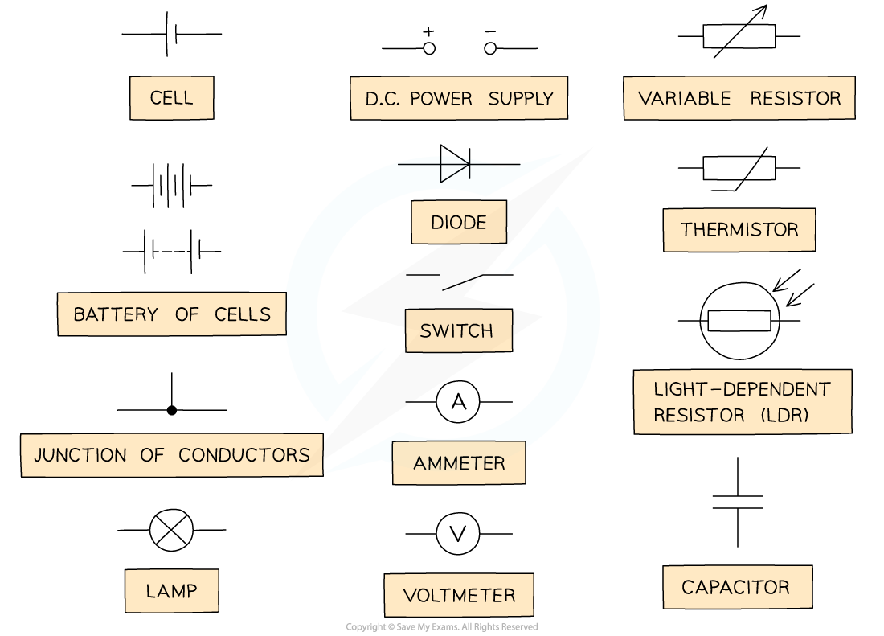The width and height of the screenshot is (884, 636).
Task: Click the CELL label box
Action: click(171, 98)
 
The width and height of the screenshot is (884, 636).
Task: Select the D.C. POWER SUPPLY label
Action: click(459, 98)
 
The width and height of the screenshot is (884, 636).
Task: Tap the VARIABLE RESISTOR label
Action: click(739, 98)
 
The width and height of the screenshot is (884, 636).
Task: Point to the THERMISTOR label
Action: click(739, 230)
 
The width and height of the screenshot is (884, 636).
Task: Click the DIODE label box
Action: click(459, 222)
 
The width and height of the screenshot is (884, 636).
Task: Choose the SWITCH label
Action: click(456, 330)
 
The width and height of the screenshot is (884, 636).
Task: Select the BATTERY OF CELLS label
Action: click(172, 314)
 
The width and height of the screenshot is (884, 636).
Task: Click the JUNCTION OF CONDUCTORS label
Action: click(172, 455)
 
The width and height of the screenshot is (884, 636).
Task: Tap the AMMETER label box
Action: click(459, 463)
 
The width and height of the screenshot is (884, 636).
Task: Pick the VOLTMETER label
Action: click(459, 595)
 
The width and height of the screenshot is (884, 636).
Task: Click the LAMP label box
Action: click(171, 591)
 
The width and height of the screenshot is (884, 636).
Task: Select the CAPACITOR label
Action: click(736, 587)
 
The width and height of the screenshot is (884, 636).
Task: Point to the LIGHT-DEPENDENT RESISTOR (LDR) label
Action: click(742, 402)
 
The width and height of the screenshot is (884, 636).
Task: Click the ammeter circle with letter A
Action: click(458, 402)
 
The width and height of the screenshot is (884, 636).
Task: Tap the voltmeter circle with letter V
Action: click(458, 534)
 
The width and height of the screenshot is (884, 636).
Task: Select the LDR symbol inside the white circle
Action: click(739, 321)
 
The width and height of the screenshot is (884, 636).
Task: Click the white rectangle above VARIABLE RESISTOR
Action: click(739, 36)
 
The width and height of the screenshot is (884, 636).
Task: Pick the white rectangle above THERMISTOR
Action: click(739, 168)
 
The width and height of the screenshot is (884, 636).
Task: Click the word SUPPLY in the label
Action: click(521, 99)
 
